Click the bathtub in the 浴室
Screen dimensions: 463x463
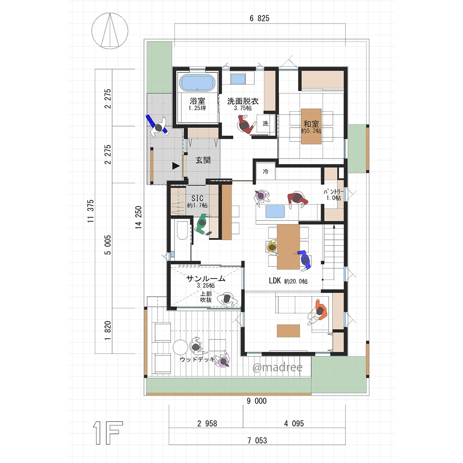pos(198,82)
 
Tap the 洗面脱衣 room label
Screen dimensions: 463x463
pos(243,101)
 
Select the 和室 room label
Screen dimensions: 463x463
pos(311,124)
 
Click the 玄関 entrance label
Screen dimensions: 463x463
pos(203,160)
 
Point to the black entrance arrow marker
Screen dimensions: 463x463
pos(176,166)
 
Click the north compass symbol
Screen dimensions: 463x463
pos(110,31)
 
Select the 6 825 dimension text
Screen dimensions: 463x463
pos(259,19)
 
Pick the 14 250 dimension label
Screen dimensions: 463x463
pos(138,218)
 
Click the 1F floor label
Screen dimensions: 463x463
pos(108,433)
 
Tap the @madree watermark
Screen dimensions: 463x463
pos(277,367)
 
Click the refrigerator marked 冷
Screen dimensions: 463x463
pos(265,171)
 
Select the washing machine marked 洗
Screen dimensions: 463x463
pos(266,124)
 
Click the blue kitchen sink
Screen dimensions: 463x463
pos(275,212)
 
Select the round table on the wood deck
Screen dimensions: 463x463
pos(180,348)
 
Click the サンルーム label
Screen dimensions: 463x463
pos(206,278)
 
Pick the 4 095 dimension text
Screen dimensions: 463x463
pos(294,424)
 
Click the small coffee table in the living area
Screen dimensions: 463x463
pos(288,331)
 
